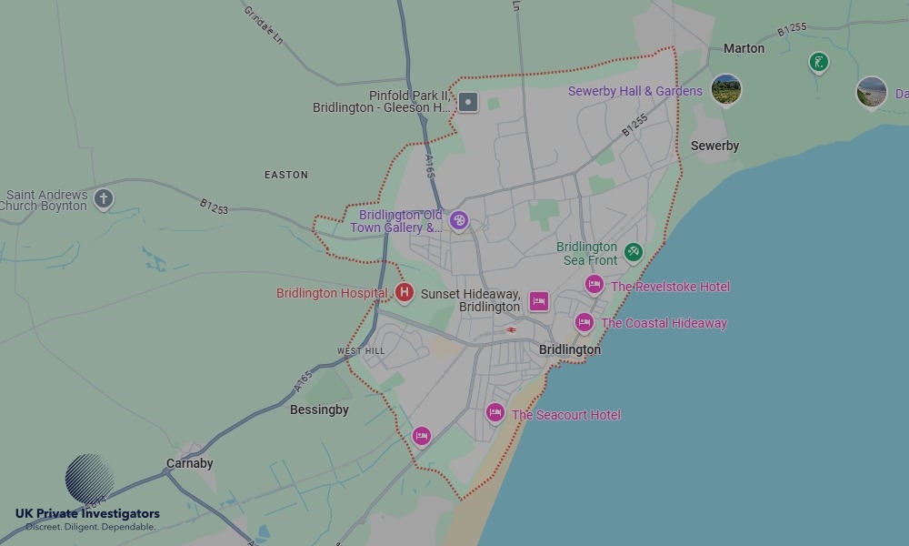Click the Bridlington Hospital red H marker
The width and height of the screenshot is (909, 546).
405,293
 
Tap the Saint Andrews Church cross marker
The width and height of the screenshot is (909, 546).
104,198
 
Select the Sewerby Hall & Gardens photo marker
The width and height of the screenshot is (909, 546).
725,90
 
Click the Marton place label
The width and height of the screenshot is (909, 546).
744,48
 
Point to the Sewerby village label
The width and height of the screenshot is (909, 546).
714,146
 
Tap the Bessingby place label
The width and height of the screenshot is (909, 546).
319,409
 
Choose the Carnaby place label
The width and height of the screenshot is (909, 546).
189,463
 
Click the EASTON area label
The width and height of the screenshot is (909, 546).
286,175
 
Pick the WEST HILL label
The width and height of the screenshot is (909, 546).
361,350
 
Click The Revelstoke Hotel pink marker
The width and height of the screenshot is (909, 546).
594,285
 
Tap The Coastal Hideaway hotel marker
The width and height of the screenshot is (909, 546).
584,322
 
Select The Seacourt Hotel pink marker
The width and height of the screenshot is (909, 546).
495,413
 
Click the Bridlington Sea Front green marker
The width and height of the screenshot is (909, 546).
634,252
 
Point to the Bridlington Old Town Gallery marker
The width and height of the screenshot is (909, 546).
460,220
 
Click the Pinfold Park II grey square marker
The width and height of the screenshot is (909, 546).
468,102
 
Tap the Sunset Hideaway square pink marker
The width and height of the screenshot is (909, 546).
539,301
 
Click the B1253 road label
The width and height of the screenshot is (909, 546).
215,208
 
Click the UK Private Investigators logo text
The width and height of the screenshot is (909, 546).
87,514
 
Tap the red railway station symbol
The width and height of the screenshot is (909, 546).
512,329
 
